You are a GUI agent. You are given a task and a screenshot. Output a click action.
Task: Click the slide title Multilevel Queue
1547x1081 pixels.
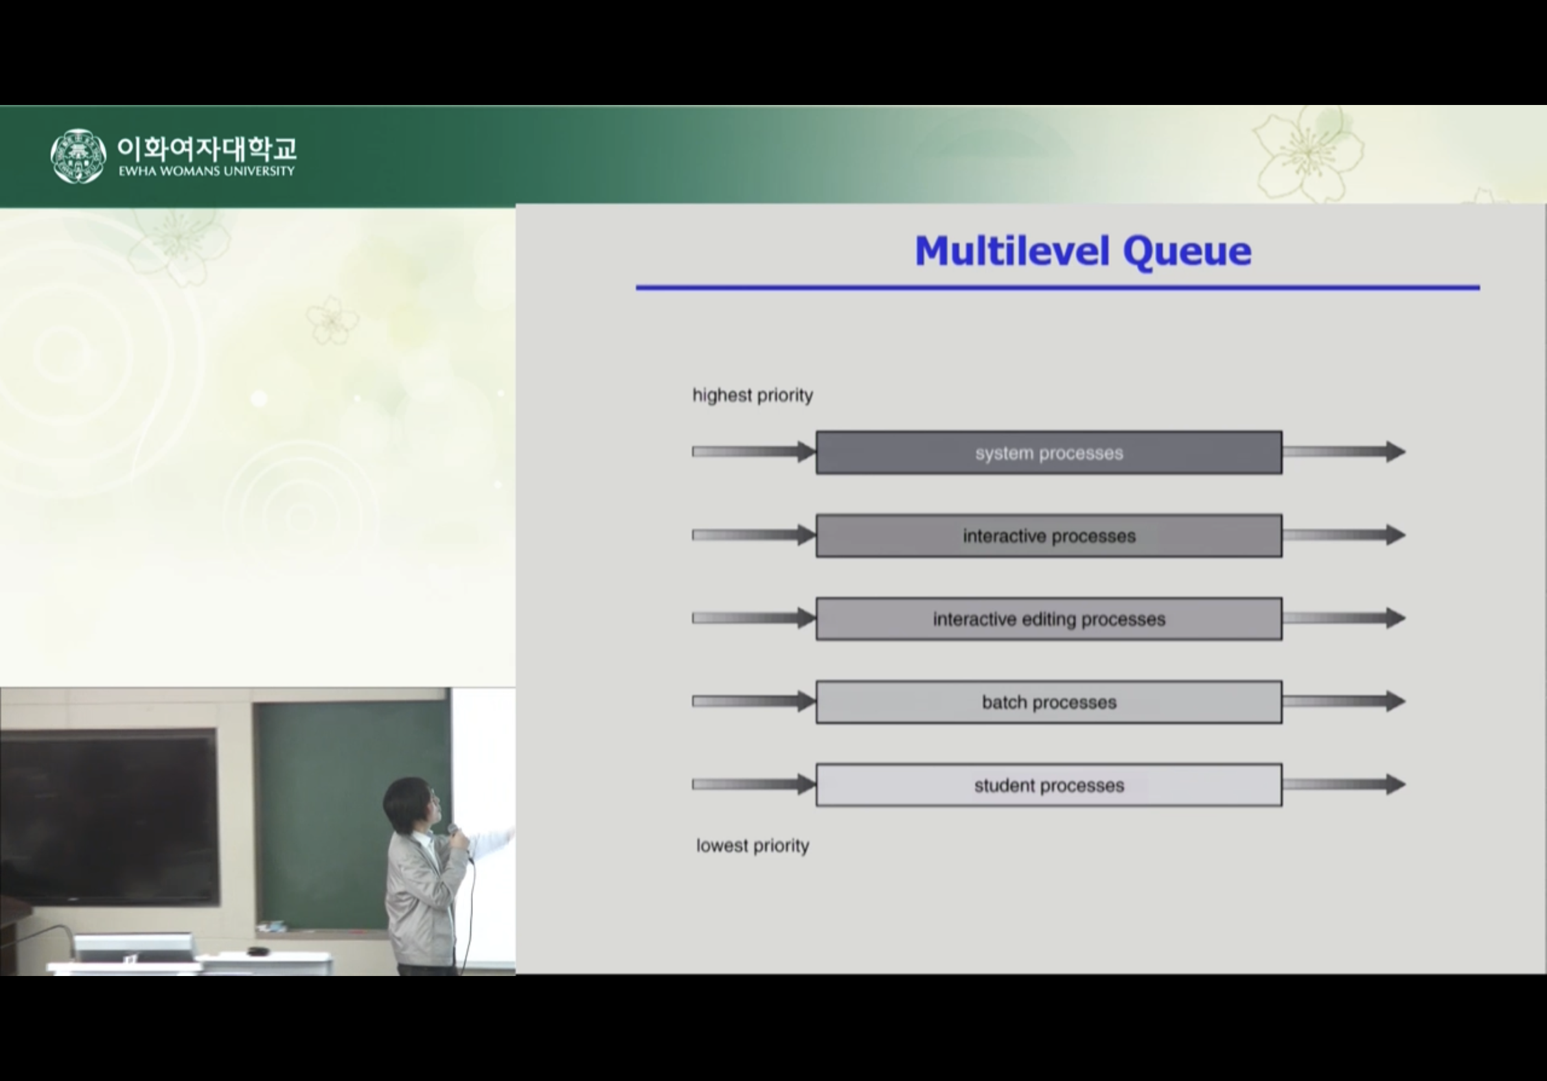pyautogui.click(x=1083, y=251)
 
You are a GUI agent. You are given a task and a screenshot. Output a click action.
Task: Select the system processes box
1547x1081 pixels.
pyautogui.click(x=1049, y=452)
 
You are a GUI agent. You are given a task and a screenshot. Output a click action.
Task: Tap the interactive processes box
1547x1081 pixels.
pyautogui.click(x=1049, y=536)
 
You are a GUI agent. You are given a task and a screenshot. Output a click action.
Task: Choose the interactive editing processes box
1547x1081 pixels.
pyautogui.click(x=1049, y=619)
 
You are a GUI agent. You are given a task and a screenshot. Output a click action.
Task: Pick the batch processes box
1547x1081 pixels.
pyautogui.click(x=1049, y=703)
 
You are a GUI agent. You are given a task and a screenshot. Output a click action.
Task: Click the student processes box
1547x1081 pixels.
pyautogui.click(x=1049, y=785)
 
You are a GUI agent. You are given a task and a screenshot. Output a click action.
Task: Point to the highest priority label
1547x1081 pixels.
pyautogui.click(x=753, y=395)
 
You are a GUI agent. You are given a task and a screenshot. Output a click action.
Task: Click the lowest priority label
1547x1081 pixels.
pyautogui.click(x=753, y=846)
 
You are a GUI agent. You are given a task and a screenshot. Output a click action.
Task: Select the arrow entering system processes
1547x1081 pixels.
pyautogui.click(x=754, y=452)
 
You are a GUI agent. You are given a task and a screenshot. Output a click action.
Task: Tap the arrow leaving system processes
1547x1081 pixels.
pyautogui.click(x=1344, y=452)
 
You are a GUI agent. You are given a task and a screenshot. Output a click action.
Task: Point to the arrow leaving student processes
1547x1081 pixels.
pyautogui.click(x=1344, y=784)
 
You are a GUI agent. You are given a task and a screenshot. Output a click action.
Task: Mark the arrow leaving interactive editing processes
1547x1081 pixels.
pyautogui.click(x=1344, y=618)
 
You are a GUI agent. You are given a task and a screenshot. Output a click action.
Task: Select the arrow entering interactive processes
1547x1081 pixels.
pyautogui.click(x=754, y=535)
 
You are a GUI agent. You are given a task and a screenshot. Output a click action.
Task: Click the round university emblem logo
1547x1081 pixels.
pyautogui.click(x=78, y=156)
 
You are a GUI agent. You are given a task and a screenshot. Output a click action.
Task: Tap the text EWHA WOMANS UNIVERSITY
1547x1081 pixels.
pyautogui.click(x=207, y=171)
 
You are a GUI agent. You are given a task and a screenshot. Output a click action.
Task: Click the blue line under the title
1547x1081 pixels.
pyautogui.click(x=1058, y=288)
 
